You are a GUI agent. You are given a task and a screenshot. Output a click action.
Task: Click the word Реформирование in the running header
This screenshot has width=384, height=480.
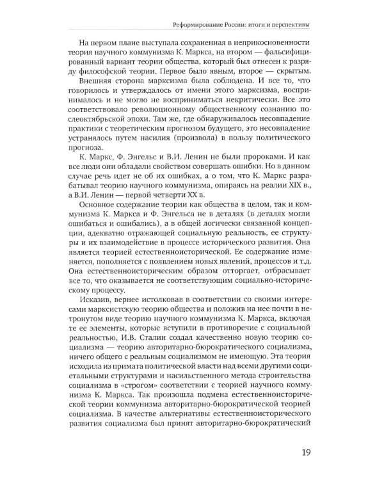click(200, 25)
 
